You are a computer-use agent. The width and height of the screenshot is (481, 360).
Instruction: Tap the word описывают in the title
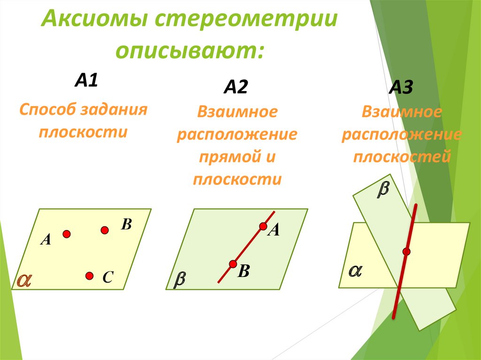click(190, 50)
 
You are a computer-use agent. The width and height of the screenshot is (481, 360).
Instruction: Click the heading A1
click(86, 81)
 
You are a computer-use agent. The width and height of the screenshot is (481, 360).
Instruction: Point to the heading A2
click(235, 87)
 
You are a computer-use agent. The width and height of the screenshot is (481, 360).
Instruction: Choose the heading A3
click(401, 88)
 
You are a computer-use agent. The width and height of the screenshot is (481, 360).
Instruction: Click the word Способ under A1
click(47, 111)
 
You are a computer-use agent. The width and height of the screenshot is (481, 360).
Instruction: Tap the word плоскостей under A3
click(402, 156)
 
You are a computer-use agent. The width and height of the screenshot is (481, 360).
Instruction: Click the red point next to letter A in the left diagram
click(67, 233)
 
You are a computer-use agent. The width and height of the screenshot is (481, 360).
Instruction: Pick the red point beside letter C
click(89, 276)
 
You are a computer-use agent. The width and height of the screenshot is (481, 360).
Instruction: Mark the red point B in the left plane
click(105, 230)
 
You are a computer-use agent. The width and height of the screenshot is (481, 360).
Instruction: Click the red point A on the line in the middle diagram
click(263, 227)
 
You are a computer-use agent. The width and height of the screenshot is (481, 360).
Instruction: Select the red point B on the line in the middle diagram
click(233, 264)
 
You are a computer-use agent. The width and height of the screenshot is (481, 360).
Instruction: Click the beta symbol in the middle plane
click(180, 280)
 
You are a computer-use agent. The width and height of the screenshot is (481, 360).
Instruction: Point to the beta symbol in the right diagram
click(384, 190)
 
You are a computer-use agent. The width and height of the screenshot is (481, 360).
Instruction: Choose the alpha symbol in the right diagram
click(355, 271)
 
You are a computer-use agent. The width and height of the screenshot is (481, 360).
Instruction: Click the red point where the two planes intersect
click(406, 252)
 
